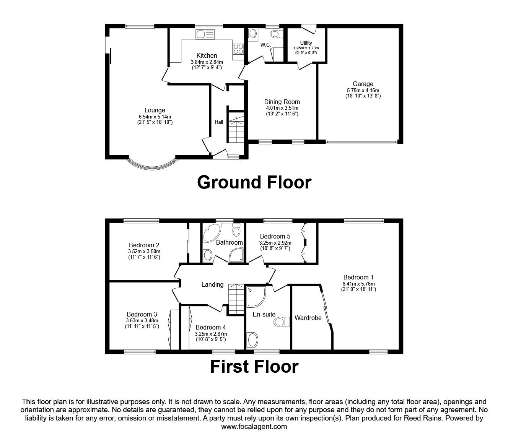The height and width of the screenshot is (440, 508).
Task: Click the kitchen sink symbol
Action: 205,34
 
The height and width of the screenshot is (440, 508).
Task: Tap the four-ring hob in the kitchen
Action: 238,49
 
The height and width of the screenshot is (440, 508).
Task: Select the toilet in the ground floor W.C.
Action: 276,34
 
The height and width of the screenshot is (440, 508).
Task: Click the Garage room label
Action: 363,84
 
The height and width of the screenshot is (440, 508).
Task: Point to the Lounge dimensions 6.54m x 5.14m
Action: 155,117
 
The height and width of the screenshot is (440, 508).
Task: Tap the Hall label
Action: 219,122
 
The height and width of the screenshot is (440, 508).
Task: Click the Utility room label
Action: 306,43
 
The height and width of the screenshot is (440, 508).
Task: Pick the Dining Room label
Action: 282,102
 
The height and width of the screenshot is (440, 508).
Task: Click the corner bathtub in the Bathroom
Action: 212,233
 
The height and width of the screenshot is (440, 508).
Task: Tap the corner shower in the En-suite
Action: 256,297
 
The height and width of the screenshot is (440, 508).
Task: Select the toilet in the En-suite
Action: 282,322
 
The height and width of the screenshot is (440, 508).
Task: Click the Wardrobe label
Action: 308,318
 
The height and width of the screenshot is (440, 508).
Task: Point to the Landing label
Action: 212,284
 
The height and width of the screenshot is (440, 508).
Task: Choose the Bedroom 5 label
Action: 275,236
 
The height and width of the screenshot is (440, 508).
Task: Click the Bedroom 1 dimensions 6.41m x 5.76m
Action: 358,284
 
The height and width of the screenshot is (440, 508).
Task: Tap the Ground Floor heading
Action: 254,182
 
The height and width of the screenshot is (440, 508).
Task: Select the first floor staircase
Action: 236,299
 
